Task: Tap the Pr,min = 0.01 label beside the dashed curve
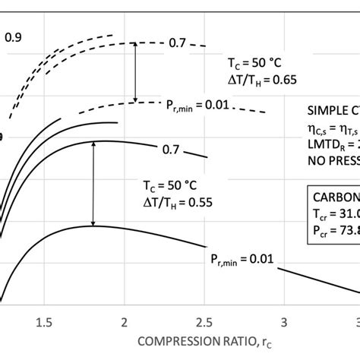195,106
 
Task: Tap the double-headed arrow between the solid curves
93,175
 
